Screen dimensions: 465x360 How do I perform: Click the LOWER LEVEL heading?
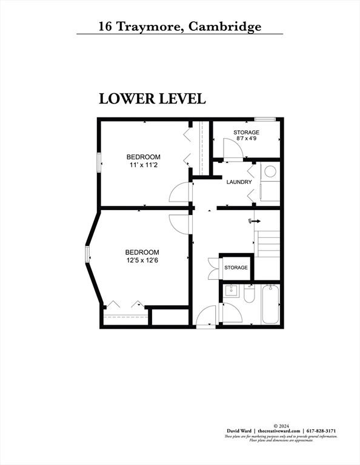(152, 98)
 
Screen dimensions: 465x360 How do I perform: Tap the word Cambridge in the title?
(225, 27)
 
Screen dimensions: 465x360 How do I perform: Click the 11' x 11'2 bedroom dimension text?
(144, 165)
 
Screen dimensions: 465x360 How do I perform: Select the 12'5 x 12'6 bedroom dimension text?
(142, 260)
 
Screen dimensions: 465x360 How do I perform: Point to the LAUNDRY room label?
(239, 182)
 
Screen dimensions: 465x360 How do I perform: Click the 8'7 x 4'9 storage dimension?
(246, 139)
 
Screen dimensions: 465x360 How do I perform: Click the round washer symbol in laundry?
(270, 172)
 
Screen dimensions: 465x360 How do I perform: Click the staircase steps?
(268, 243)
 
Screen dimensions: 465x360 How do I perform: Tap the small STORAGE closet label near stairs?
(236, 268)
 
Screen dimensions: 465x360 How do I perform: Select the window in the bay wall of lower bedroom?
(88, 257)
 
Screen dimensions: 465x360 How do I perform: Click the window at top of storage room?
(264, 119)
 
